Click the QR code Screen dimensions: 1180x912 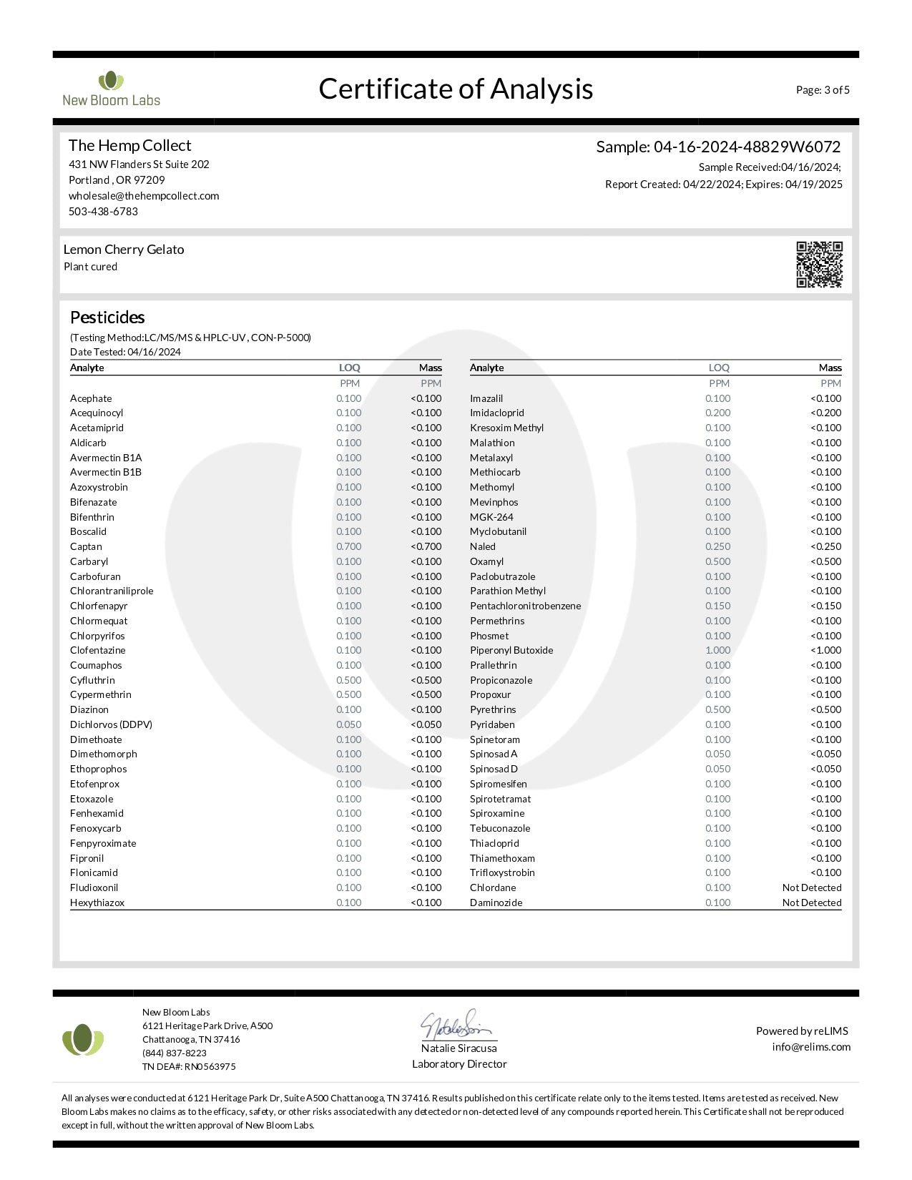(x=819, y=265)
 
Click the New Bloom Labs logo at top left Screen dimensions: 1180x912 (x=111, y=89)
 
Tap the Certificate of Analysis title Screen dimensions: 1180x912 (x=456, y=89)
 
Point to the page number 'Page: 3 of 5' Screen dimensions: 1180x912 (x=823, y=90)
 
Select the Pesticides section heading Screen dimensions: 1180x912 (x=107, y=318)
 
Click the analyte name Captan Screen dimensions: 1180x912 (x=86, y=547)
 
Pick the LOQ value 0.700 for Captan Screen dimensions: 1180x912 (x=349, y=547)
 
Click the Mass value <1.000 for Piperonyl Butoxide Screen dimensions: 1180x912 (x=826, y=651)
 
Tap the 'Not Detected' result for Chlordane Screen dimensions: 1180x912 (x=812, y=888)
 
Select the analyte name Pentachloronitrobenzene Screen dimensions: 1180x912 (x=525, y=606)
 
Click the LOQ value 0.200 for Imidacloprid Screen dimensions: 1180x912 (x=718, y=413)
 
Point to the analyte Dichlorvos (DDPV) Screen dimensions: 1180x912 (x=111, y=725)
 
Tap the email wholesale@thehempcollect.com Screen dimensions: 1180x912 (x=144, y=196)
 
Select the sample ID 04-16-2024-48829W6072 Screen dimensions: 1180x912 (x=747, y=147)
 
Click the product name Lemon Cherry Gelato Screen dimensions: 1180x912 (x=124, y=250)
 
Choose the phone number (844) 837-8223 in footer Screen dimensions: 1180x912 (x=175, y=1053)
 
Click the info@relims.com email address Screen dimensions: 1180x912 (x=811, y=1047)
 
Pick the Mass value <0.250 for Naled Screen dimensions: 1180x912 (x=826, y=547)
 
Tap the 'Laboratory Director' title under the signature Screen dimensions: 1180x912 (x=459, y=1064)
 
